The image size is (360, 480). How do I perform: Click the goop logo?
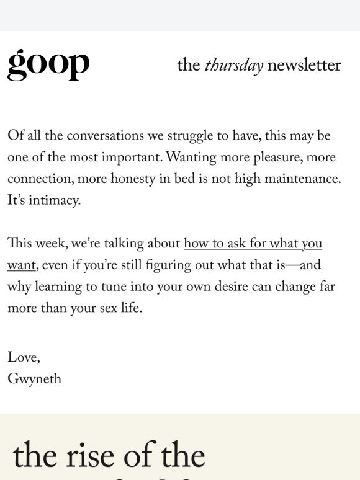click(x=48, y=64)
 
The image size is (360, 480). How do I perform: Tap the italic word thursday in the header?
click(x=234, y=66)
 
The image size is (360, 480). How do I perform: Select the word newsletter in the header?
click(x=304, y=66)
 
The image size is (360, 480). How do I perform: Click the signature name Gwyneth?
click(x=34, y=380)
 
